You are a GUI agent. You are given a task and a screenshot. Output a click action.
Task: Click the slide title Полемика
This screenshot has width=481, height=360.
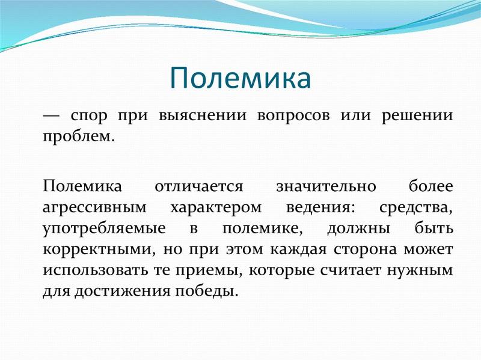click(x=240, y=78)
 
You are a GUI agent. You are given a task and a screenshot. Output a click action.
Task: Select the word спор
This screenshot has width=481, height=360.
click(x=89, y=117)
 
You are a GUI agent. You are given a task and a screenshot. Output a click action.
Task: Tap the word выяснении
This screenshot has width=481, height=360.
click(x=203, y=115)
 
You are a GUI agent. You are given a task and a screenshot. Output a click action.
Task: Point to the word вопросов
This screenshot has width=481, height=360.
click(x=293, y=117)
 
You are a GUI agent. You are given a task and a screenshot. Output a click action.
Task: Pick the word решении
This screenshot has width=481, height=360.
click(x=417, y=117)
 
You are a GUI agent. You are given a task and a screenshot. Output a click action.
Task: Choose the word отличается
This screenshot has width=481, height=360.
click(x=199, y=187)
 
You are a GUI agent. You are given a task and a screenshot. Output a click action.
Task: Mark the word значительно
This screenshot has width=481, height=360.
click(x=326, y=187)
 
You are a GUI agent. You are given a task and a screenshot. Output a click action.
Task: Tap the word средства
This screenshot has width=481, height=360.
click(x=416, y=207)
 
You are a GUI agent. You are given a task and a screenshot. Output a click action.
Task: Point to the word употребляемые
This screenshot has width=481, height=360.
click(x=104, y=229)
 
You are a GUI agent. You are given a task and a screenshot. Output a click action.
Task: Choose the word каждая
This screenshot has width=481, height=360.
click(x=298, y=249)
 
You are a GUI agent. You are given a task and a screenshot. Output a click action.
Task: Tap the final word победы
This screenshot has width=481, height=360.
click(x=206, y=291)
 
